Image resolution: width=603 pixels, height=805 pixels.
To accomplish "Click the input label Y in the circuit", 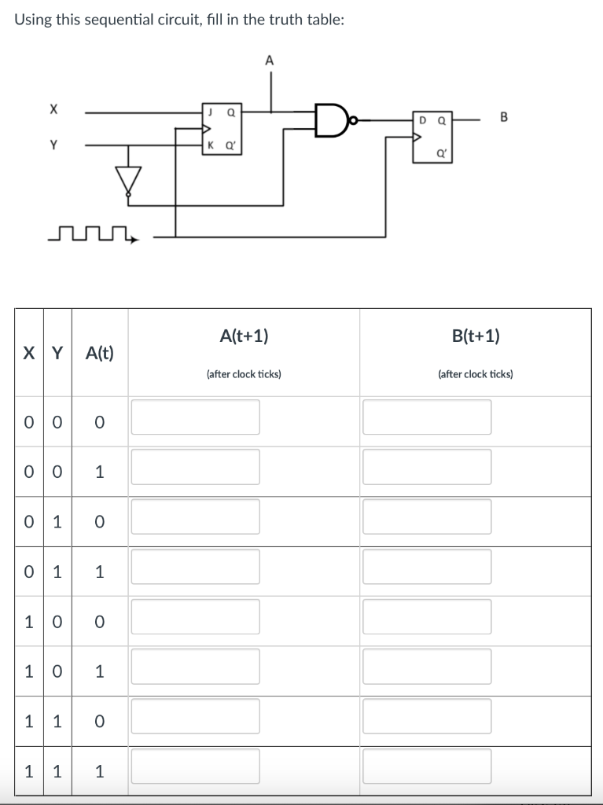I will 53,145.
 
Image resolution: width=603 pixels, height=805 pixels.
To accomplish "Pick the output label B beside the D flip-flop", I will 504,118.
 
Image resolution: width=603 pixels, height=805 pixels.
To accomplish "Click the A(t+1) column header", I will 244,336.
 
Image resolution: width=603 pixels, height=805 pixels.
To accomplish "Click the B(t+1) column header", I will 476,336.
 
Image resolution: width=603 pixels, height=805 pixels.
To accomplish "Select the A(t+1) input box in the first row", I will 195,417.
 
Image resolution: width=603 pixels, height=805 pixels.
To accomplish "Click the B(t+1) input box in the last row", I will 427,766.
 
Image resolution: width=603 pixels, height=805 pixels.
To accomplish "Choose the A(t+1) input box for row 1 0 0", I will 195,616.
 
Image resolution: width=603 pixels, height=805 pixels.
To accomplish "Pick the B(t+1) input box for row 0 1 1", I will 427,566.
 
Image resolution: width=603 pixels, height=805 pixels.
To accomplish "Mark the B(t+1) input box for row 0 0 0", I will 427,417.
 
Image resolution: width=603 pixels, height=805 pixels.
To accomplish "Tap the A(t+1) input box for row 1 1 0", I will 195,716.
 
